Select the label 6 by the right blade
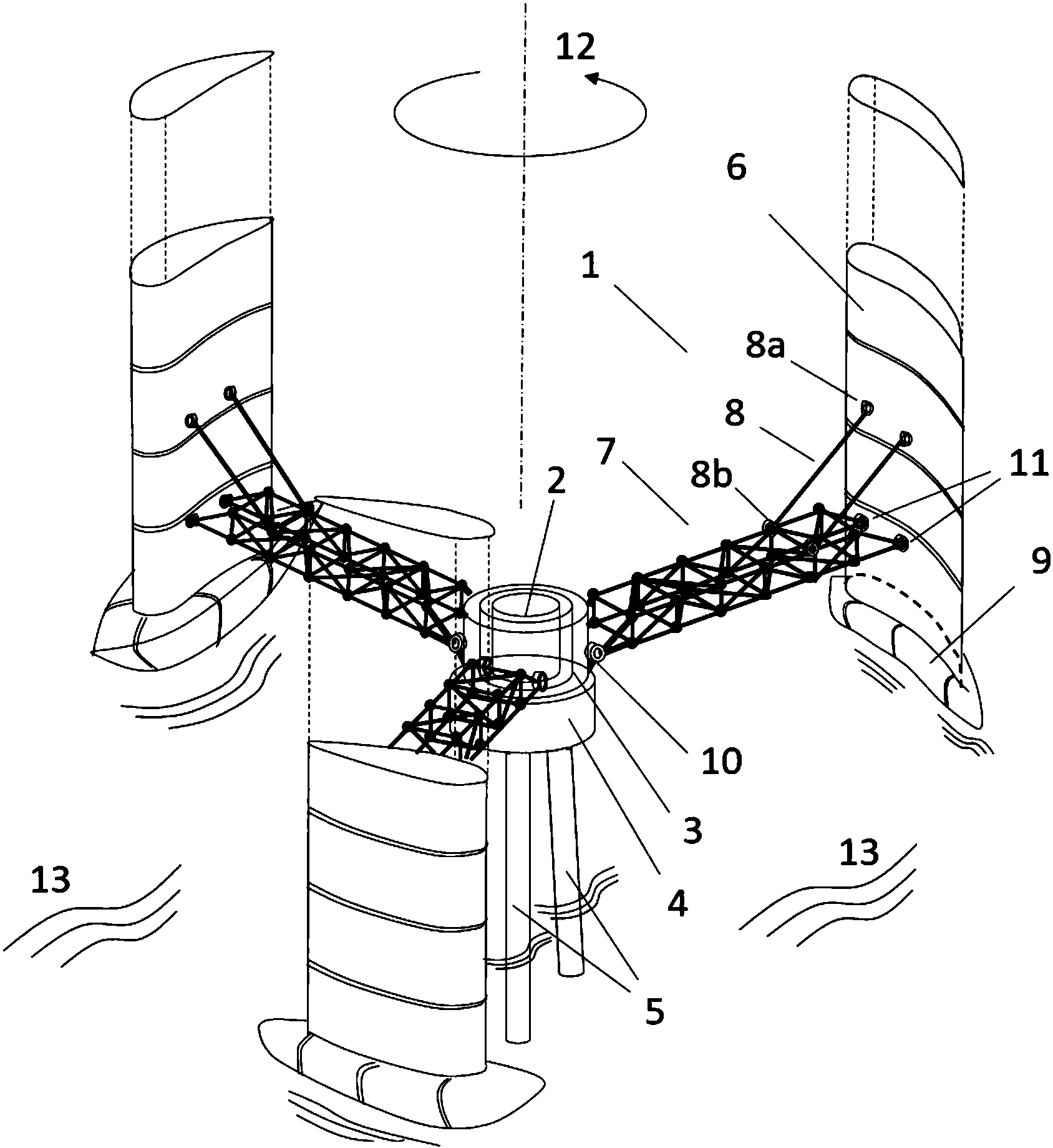point(736,168)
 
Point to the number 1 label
point(590,268)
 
